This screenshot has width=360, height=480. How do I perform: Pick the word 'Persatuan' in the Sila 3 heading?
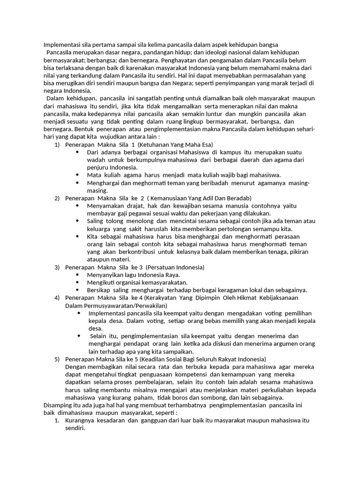[164, 267]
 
